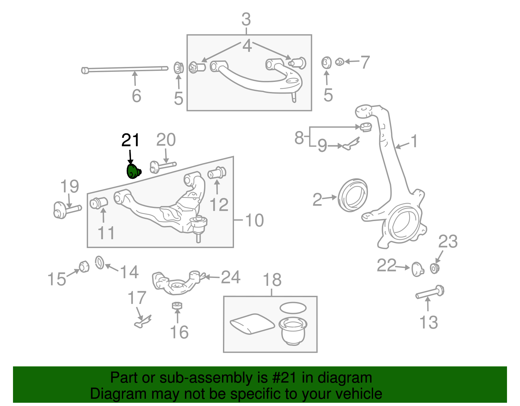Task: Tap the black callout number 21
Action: click(130, 140)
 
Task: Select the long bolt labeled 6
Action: click(125, 69)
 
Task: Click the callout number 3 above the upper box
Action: click(246, 20)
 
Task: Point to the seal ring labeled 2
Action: click(353, 195)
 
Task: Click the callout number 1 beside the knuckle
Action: click(414, 141)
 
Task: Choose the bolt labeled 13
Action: click(429, 292)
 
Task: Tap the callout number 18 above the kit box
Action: click(272, 280)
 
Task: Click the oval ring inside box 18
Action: click(293, 308)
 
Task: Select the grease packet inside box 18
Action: click(252, 323)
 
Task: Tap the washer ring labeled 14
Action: click(99, 262)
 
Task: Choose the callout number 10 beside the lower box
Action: click(254, 220)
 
